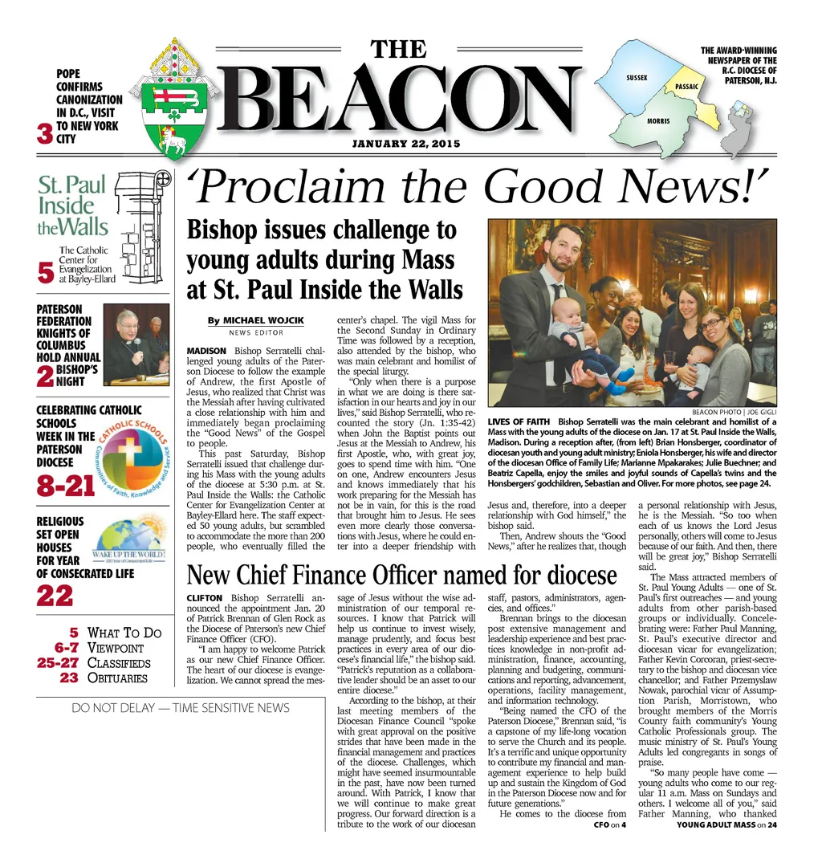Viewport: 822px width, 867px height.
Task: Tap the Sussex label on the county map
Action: pyautogui.click(x=637, y=78)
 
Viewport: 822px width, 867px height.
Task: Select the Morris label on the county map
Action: pyautogui.click(x=658, y=120)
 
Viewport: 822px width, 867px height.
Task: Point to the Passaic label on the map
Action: pyautogui.click(x=687, y=86)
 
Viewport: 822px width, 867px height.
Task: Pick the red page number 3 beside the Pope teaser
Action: pyautogui.click(x=45, y=134)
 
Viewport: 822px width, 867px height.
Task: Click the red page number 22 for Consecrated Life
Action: pyautogui.click(x=55, y=595)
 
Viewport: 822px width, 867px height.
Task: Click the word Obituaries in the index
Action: pyautogui.click(x=117, y=678)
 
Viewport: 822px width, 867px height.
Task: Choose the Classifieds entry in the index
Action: pyautogui.click(x=119, y=663)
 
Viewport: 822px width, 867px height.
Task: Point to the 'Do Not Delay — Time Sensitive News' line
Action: pyautogui.click(x=181, y=708)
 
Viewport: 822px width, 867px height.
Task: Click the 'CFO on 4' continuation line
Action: pyautogui.click(x=609, y=824)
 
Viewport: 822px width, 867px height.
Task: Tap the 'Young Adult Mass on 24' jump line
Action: pyautogui.click(x=726, y=824)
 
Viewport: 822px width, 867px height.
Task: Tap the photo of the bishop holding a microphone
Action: pyautogui.click(x=136, y=343)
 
